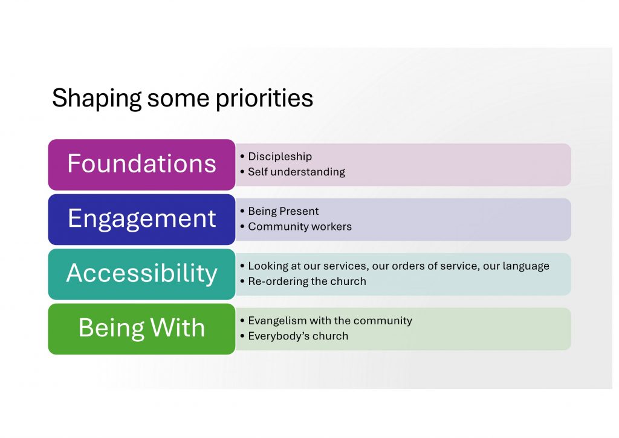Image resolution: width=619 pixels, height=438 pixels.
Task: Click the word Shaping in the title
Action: click(97, 99)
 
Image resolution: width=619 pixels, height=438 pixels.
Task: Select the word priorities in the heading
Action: click(265, 99)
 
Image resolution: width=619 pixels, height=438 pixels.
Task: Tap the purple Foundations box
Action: click(141, 165)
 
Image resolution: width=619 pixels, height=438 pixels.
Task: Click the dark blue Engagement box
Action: click(141, 220)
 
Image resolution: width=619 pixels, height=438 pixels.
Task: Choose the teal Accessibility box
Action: click(141, 274)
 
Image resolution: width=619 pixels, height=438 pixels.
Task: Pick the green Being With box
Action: click(141, 329)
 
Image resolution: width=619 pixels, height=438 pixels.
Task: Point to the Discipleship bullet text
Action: click(280, 157)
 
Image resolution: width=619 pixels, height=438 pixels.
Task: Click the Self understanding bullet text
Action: click(296, 172)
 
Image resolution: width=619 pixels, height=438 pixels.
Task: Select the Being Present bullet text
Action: click(283, 211)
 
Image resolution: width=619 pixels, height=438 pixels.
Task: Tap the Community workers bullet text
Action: click(300, 227)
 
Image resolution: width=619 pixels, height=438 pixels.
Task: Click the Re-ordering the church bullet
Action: click(307, 281)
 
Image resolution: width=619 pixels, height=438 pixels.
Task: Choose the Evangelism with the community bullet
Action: click(330, 321)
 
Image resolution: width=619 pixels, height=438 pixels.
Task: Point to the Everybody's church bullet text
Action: click(298, 336)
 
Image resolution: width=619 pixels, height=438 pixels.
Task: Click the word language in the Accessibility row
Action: click(526, 267)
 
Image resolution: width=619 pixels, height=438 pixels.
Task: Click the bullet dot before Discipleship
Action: click(242, 157)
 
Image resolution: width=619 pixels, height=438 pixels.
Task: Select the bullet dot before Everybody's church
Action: click(242, 336)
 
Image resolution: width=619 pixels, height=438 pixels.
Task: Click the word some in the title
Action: click(178, 99)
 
